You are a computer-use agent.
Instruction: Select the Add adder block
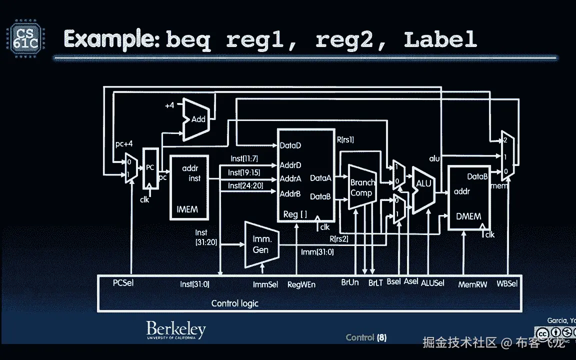click(197, 119)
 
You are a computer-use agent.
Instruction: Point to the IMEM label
click(187, 209)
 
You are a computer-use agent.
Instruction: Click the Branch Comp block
click(361, 187)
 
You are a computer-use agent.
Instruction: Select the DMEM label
click(468, 216)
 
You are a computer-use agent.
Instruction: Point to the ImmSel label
click(265, 284)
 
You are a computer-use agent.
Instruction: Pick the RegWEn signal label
click(301, 284)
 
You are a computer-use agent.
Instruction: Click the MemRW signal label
click(472, 284)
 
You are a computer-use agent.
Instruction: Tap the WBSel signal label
click(507, 283)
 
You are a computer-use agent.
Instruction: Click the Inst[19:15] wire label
click(244, 172)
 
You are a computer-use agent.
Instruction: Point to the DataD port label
click(290, 145)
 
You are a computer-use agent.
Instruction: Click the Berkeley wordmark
click(175, 330)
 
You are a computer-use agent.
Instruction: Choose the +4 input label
click(169, 106)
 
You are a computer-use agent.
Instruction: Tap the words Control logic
click(234, 303)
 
